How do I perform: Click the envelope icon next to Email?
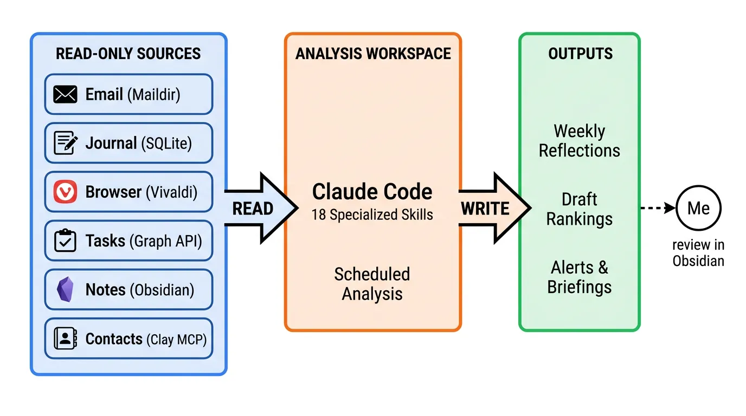coord(65,94)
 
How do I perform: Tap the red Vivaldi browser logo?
coord(65,192)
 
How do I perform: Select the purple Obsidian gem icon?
coord(65,289)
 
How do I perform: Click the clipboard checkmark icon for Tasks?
coord(65,240)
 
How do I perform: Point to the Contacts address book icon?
coord(65,339)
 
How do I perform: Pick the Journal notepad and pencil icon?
coord(66,143)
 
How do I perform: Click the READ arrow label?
coord(253,209)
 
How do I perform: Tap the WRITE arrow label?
coord(485,209)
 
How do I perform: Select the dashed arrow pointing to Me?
coord(658,208)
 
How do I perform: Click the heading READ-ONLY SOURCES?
coord(128,54)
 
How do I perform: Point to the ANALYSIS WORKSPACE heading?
coord(373,54)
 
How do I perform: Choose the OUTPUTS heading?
coord(580,54)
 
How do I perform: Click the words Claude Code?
coord(372,192)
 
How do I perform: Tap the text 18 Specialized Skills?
coord(372,214)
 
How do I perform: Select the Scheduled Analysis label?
coord(372,284)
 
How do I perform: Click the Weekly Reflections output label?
coord(580,141)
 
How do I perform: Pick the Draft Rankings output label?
coord(580,209)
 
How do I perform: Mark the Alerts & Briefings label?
coord(580,277)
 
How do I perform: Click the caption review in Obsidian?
coord(698,253)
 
